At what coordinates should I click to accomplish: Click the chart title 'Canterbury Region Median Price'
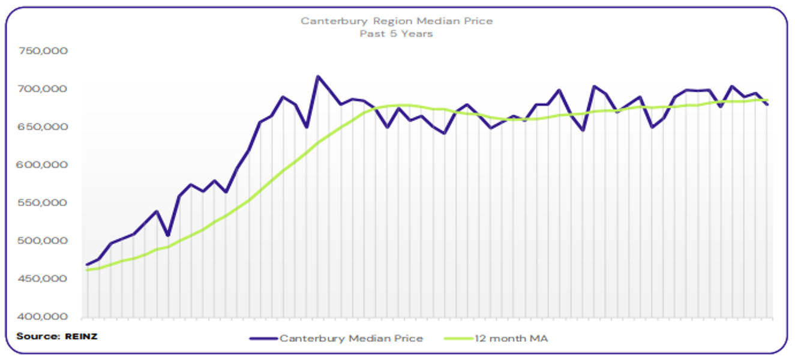[x=396, y=21]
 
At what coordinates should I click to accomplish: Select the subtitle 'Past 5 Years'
[x=396, y=34]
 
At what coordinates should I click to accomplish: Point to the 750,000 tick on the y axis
[x=44, y=51]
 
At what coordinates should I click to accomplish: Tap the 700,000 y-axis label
[x=44, y=89]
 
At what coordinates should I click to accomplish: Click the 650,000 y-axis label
[x=44, y=127]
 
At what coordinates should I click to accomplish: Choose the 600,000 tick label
[x=44, y=165]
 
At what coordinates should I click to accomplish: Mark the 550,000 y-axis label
[x=44, y=203]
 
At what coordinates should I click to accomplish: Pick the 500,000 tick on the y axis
[x=44, y=241]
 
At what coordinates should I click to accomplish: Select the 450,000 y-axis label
[x=44, y=279]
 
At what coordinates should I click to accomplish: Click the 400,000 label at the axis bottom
[x=44, y=317]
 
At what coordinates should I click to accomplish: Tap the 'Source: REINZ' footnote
[x=57, y=336]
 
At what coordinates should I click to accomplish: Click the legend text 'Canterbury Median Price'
[x=351, y=338]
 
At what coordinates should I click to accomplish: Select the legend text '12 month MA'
[x=512, y=338]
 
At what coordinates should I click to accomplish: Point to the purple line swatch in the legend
[x=264, y=338]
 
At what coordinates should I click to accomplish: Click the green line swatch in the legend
[x=458, y=338]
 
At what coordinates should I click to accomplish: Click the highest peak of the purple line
[x=318, y=77]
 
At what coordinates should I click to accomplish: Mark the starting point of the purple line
[x=87, y=265]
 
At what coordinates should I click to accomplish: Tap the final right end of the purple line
[x=767, y=104]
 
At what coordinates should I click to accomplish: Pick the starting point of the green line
[x=87, y=270]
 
